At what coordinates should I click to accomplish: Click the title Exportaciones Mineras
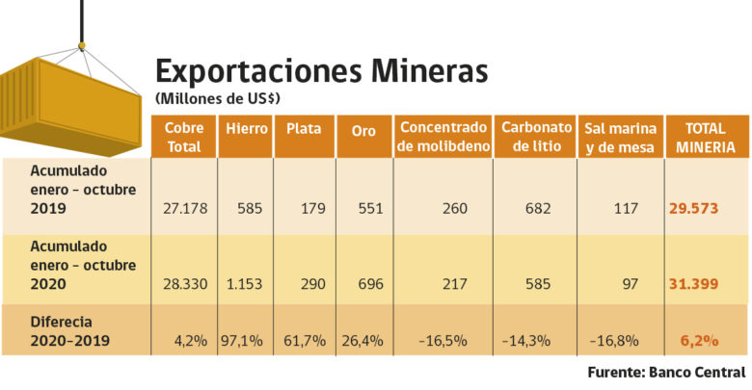tap(321, 71)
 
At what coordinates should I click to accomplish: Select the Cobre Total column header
tap(183, 137)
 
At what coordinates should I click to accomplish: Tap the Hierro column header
tap(246, 128)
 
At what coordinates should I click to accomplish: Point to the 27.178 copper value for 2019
tap(182, 208)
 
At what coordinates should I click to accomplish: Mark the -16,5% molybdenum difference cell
tap(443, 340)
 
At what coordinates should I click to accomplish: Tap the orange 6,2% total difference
tap(702, 340)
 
